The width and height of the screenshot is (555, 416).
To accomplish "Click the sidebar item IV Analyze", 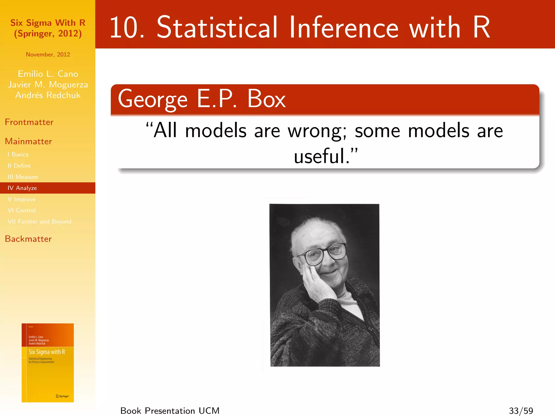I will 22,188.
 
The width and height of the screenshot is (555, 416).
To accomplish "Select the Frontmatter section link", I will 29,122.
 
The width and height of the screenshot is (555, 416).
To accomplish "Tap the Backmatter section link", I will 28,239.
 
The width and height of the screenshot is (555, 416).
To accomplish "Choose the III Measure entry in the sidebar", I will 23,177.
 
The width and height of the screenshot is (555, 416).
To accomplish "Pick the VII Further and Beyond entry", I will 40,222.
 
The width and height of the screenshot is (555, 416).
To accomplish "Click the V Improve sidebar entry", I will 22,199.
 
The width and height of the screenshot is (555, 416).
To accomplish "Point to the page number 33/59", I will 521,411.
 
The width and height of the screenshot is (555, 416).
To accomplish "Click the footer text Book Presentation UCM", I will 170,411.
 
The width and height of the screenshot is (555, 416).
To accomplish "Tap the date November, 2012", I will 48,54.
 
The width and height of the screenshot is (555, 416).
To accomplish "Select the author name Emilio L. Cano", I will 48,74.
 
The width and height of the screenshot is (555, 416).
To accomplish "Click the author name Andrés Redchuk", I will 48,95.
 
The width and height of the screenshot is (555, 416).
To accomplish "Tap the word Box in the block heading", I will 266,99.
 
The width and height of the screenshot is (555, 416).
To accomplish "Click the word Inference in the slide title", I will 344,27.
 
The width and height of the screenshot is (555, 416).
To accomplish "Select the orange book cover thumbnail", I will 48,363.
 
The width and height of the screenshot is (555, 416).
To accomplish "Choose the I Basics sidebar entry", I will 18,154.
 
